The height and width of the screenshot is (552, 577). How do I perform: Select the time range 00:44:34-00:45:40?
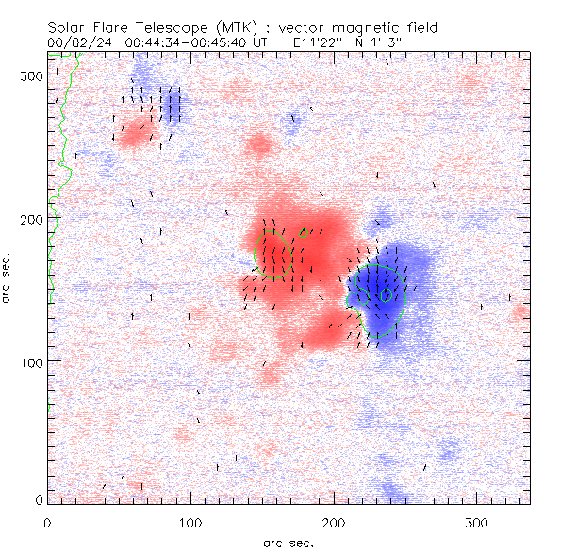[x=187, y=42]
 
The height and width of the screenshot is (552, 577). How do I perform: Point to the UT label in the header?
[x=261, y=42]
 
